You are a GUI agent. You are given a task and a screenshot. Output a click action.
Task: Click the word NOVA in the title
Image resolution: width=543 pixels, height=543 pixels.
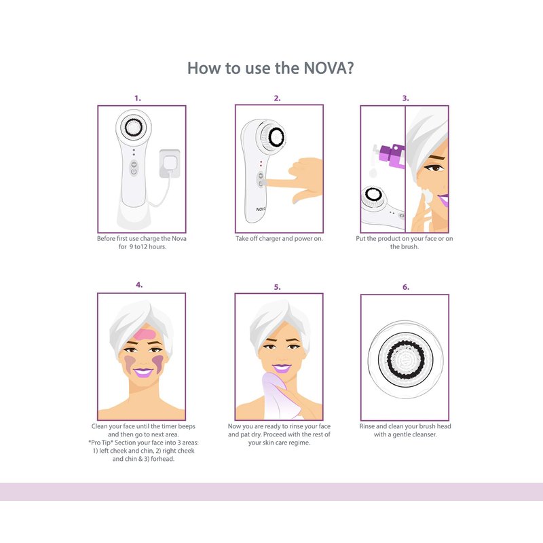pyautogui.click(x=324, y=69)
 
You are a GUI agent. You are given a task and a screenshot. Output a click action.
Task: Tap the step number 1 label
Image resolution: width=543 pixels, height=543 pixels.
pyautogui.click(x=138, y=98)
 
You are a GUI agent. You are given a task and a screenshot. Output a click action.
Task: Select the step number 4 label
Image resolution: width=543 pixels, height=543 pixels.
pyautogui.click(x=139, y=285)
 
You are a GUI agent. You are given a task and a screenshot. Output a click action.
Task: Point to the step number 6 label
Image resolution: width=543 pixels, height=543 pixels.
pyautogui.click(x=405, y=287)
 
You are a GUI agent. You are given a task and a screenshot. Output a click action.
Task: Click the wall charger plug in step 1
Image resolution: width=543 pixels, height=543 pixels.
pyautogui.click(x=170, y=164)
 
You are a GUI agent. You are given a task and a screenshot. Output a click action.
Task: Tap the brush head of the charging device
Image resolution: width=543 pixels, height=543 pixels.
pyautogui.click(x=133, y=127)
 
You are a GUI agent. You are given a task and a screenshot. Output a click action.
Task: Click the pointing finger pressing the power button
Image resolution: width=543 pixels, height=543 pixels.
pyautogui.click(x=281, y=182)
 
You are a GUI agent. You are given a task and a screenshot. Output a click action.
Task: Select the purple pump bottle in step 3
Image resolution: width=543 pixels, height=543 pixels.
pyautogui.click(x=392, y=156)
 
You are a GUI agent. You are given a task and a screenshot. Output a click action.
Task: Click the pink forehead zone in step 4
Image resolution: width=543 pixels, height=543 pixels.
pyautogui.click(x=145, y=334)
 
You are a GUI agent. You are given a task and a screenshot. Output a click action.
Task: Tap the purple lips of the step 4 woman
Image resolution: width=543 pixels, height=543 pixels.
pyautogui.click(x=143, y=373)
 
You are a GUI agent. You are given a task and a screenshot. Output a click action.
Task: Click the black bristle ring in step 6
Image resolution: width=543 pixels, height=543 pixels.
pyautogui.click(x=405, y=359)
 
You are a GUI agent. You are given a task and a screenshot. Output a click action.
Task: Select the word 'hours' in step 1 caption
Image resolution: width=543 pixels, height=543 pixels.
pyautogui.click(x=157, y=246)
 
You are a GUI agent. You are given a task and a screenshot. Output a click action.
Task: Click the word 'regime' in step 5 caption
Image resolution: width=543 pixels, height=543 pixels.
pyautogui.click(x=299, y=443)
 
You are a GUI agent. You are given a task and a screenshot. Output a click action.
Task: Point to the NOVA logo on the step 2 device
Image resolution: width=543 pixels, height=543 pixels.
pyautogui.click(x=261, y=209)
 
